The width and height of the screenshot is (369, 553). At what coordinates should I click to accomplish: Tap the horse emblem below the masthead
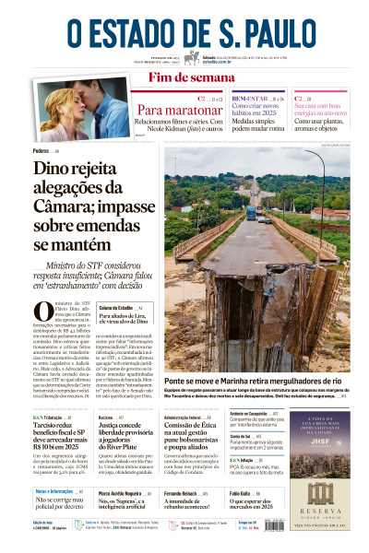[x=191, y=57]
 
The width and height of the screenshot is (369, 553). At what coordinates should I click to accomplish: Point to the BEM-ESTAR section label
[x=246, y=98]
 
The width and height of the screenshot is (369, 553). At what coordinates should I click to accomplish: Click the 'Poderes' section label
[x=42, y=150]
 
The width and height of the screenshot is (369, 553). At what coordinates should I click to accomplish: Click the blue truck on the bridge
[x=251, y=213]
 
